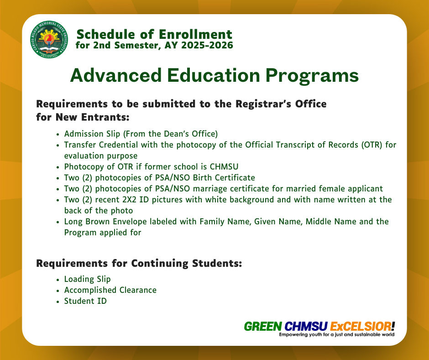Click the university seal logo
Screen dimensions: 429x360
point(49,39)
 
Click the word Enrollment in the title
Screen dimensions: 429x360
point(195,35)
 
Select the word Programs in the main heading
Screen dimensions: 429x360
point(312,76)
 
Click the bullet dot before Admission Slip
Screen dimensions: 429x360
point(58,134)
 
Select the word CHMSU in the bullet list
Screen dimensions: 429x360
point(224,167)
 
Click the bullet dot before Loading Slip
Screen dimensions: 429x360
point(58,280)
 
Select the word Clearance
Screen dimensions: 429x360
point(138,290)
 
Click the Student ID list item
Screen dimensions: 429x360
point(85,301)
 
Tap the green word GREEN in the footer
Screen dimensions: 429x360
point(263,327)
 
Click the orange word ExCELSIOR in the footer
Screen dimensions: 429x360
point(361,327)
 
